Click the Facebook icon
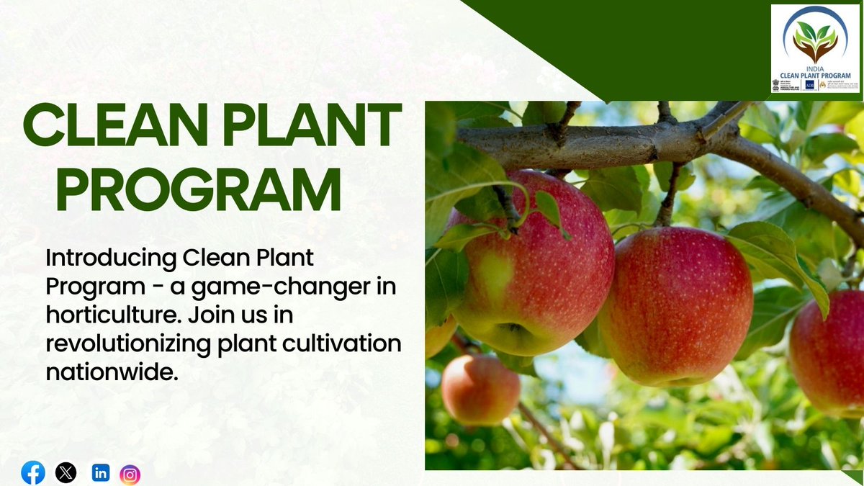click(33, 473)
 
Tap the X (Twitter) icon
click(66, 473)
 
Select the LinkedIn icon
click(101, 473)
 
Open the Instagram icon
click(130, 474)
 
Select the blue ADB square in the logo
click(810, 85)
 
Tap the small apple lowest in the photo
click(480, 390)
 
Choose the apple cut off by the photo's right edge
click(828, 353)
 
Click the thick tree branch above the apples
click(612, 140)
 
